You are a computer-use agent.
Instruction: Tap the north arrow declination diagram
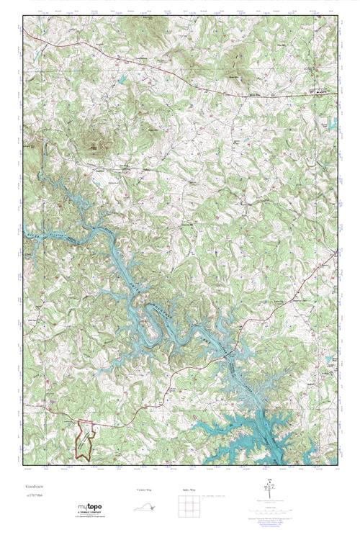(x=269, y=490)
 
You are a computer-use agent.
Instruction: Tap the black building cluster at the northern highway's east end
(x=321, y=92)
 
